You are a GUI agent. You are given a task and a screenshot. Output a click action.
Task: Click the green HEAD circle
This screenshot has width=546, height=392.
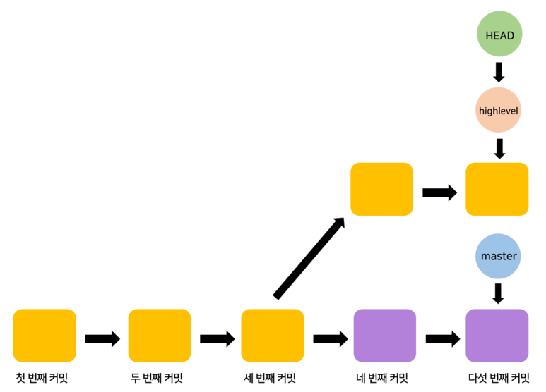click(x=499, y=35)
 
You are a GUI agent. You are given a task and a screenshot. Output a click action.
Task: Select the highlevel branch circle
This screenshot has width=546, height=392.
click(x=498, y=111)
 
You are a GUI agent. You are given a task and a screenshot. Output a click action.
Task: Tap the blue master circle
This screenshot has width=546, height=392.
click(x=498, y=256)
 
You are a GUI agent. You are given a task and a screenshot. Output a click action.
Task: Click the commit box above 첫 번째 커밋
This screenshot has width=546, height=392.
click(x=44, y=336)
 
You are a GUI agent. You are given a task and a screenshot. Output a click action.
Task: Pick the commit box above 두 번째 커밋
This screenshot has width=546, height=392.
click(x=159, y=336)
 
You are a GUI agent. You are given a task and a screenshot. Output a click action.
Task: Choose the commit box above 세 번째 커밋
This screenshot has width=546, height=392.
click(x=273, y=336)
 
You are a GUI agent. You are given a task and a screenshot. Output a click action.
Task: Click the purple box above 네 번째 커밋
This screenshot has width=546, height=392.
click(x=384, y=336)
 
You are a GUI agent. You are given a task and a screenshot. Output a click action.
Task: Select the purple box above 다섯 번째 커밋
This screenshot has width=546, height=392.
click(x=497, y=336)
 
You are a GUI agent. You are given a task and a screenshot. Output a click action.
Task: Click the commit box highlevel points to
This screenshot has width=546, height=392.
click(x=497, y=189)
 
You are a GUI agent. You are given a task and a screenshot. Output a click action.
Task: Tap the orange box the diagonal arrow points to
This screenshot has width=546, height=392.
click(x=381, y=189)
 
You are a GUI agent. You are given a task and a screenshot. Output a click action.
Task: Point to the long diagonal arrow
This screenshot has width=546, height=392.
click(x=309, y=257)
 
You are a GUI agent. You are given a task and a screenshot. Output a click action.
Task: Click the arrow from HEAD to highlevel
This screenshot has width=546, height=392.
click(x=499, y=73)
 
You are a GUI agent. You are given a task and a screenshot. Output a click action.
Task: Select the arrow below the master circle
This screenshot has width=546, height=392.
click(x=498, y=293)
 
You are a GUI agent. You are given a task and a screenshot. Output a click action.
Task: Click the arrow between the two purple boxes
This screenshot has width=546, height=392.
click(x=441, y=339)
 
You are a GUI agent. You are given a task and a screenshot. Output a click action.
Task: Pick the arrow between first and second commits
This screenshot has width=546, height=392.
click(x=102, y=339)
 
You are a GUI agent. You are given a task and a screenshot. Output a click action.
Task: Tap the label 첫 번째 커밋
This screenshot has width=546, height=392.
click(x=42, y=377)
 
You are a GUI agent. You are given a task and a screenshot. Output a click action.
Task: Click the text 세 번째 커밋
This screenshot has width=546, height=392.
click(x=270, y=377)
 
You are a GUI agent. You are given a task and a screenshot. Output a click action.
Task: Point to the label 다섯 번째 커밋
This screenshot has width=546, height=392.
click(x=499, y=377)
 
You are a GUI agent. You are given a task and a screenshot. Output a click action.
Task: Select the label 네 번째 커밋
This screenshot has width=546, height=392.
click(x=382, y=377)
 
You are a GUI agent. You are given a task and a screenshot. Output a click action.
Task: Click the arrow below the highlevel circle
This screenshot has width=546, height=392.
click(x=499, y=148)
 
